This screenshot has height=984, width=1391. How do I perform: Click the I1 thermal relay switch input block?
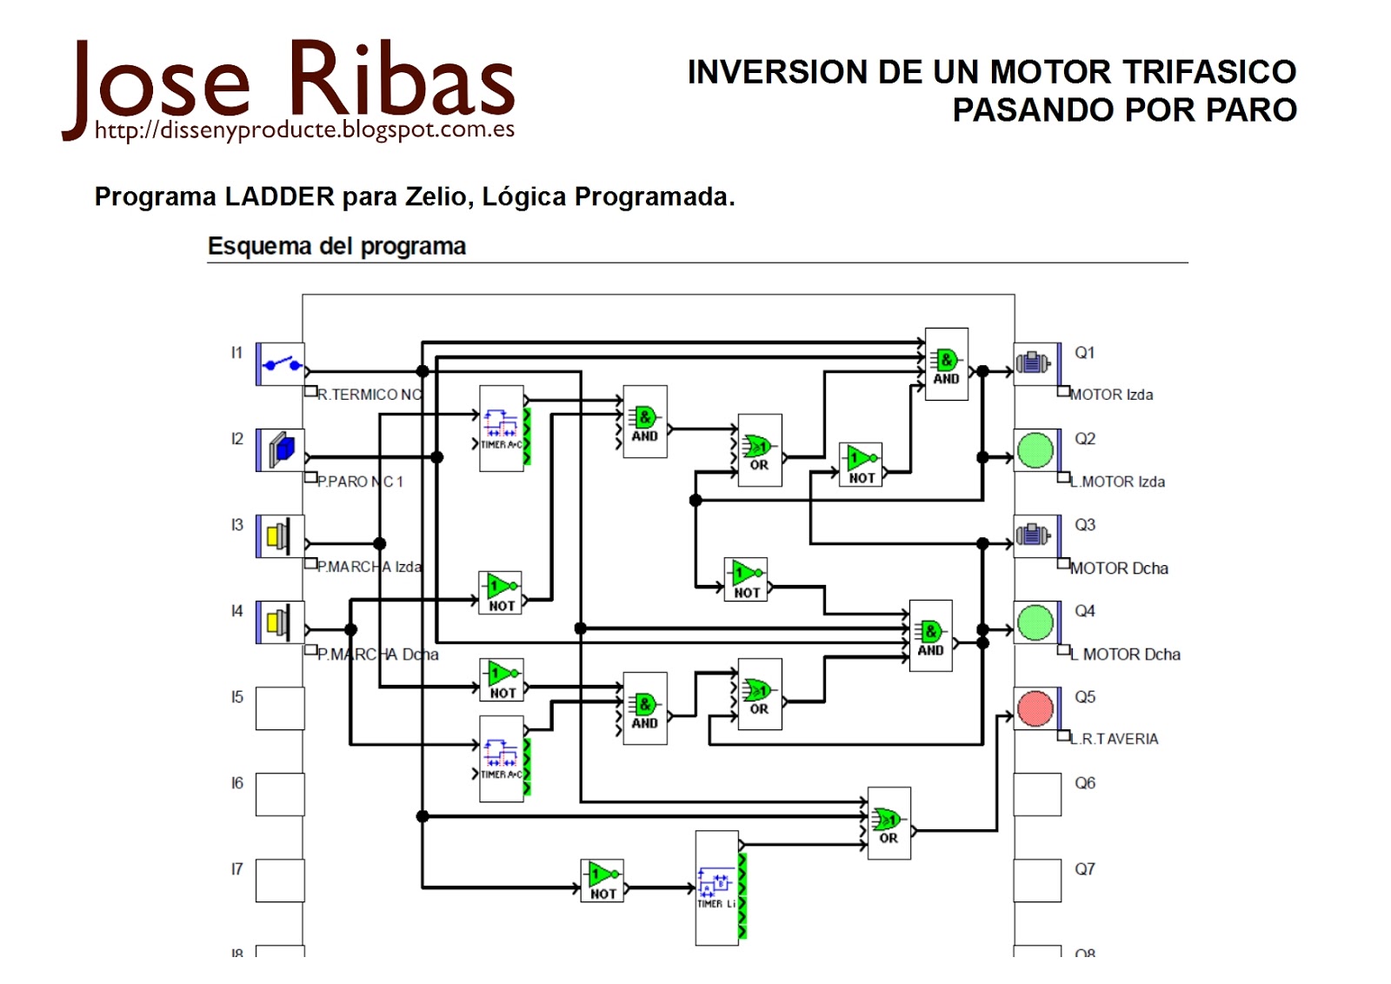[280, 364]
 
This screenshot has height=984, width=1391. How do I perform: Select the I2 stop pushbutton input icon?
[280, 450]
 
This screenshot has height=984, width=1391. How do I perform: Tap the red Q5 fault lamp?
[1035, 708]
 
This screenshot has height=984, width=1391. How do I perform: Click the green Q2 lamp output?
[1035, 450]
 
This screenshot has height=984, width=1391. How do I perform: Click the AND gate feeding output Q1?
[946, 364]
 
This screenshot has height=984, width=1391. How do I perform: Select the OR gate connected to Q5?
[889, 823]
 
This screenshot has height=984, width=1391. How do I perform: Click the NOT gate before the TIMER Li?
[602, 881]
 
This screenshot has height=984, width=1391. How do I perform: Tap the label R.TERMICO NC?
[369, 395]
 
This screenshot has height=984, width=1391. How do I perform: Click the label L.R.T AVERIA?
[1115, 739]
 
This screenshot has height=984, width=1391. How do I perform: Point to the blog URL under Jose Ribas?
[304, 130]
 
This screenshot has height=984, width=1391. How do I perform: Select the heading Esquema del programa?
[336, 246]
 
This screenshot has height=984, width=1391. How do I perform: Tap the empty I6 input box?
[280, 795]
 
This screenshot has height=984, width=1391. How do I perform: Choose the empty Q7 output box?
[1037, 881]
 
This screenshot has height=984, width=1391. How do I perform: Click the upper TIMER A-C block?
[502, 429]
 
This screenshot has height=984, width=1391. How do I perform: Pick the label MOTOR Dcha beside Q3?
[1119, 568]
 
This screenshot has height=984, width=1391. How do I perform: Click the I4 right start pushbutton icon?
[280, 622]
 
